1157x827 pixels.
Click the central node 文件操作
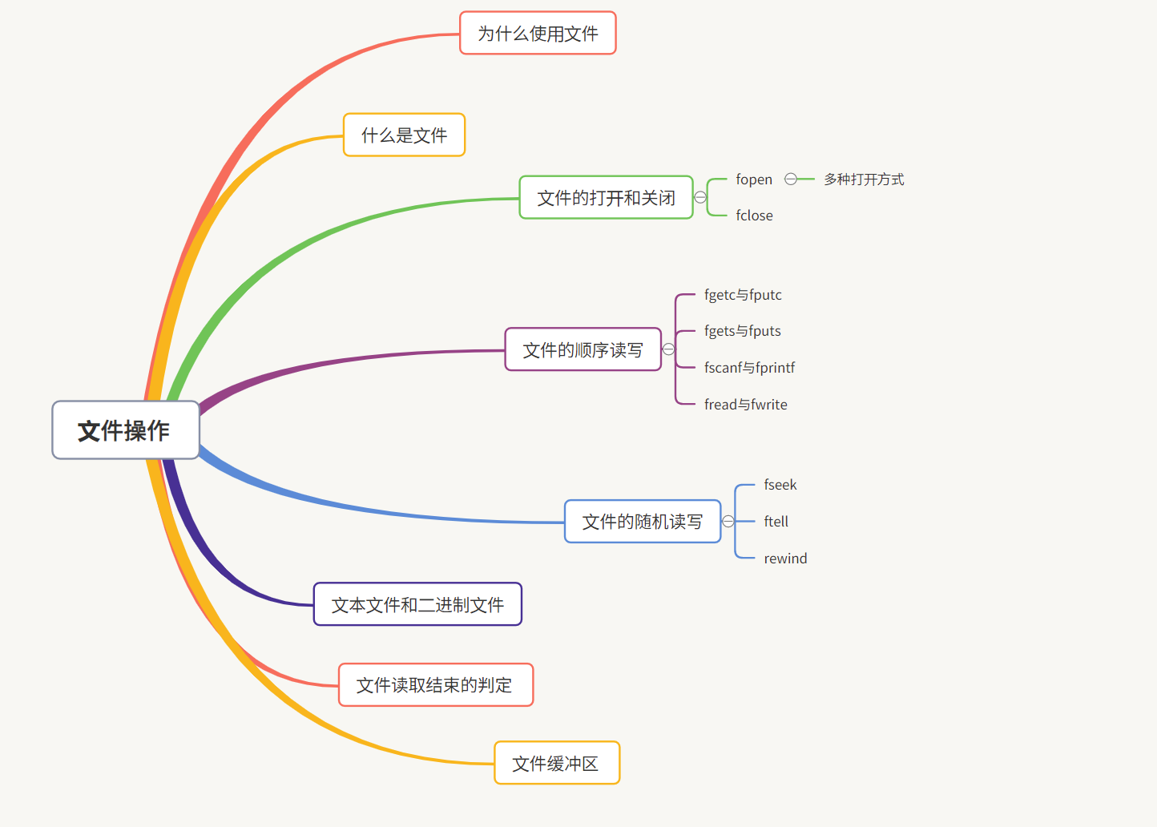click(125, 430)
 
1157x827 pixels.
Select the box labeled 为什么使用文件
click(538, 34)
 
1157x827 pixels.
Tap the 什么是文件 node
click(404, 135)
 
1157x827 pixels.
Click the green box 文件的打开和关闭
click(606, 198)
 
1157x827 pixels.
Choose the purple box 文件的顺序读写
click(583, 350)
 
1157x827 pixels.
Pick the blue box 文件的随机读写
click(642, 522)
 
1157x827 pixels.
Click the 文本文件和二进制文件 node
click(417, 605)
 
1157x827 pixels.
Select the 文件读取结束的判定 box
click(435, 685)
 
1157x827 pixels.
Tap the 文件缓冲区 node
click(556, 764)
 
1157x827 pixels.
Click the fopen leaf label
click(754, 180)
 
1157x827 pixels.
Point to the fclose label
click(754, 216)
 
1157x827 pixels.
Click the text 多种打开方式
click(864, 180)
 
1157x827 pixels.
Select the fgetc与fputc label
click(743, 295)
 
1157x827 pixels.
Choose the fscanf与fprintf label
click(749, 368)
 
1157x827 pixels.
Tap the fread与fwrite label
click(745, 405)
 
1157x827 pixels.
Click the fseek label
click(780, 485)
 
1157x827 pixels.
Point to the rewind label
click(785, 559)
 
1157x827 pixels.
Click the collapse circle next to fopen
click(791, 180)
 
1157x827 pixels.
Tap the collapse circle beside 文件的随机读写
click(728, 522)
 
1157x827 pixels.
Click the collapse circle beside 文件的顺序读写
click(669, 349)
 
